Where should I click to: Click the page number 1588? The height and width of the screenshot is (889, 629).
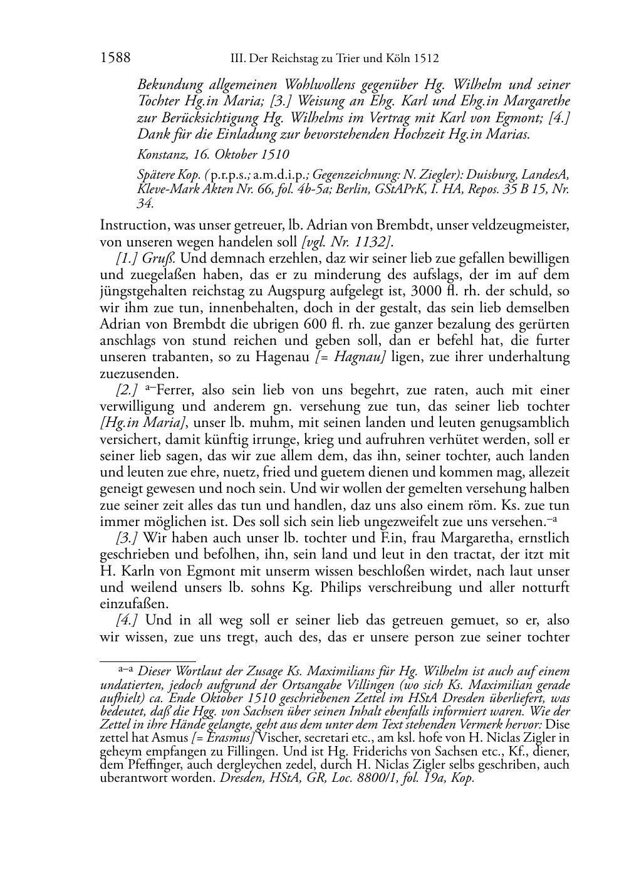(x=115, y=58)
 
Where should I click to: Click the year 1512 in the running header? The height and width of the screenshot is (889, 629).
(x=425, y=59)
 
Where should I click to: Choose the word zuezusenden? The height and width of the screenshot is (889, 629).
(x=139, y=374)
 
